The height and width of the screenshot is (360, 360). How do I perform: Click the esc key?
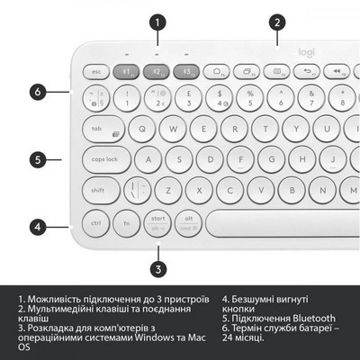pos(95,70)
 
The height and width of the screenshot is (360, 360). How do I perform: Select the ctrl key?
pos(96,222)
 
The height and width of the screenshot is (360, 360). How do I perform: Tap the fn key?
pos(127,222)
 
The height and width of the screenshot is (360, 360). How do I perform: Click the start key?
pos(157,221)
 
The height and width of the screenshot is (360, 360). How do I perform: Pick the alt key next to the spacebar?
pos(189,221)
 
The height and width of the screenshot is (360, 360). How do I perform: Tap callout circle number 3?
pos(157,267)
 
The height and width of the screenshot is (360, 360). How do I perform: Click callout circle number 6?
pos(37,91)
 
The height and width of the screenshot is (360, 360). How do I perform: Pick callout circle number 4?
pos(37,226)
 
